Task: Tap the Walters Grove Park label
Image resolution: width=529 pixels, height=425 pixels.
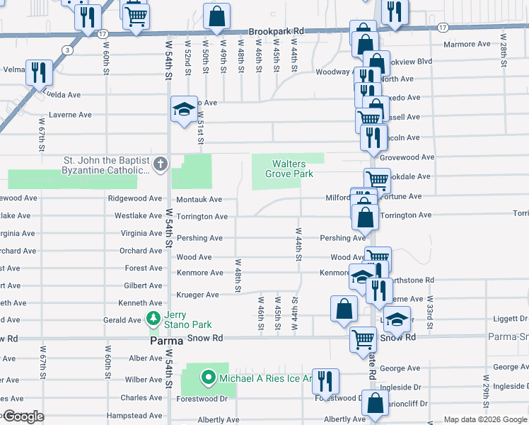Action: point(289,169)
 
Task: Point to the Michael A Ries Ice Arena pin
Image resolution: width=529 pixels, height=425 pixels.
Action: point(208,378)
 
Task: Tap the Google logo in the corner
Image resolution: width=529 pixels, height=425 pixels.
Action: point(23,416)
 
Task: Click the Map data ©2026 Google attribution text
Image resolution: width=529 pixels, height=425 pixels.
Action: point(484,419)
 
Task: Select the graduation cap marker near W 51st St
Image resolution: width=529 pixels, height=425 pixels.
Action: point(184,110)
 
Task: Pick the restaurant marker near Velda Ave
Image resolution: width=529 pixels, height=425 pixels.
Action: point(38,72)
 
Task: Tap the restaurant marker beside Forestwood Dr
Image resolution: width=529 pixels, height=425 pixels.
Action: point(325,380)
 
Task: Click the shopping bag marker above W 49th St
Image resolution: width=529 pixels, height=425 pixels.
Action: point(217,16)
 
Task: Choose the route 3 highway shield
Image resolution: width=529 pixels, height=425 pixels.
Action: point(66,50)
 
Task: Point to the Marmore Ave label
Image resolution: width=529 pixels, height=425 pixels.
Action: point(467,44)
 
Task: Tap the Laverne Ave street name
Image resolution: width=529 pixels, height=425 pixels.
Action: point(70,115)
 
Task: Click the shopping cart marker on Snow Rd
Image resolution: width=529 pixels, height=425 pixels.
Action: point(363,339)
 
